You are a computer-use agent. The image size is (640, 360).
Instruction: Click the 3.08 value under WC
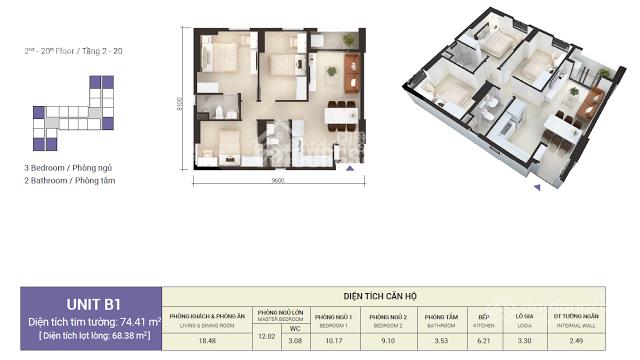tap(294, 342)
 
